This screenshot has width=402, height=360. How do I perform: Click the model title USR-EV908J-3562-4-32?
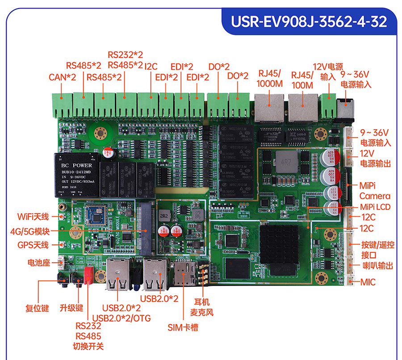click(x=309, y=22)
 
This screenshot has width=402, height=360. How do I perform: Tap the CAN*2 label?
click(x=62, y=77)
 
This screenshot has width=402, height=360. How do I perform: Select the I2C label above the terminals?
click(x=151, y=66)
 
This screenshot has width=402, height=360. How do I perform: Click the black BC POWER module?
click(x=76, y=174)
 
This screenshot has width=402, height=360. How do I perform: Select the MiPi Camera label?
click(x=374, y=191)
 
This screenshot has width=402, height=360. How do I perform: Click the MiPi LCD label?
click(x=375, y=207)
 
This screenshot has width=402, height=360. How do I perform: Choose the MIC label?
click(x=368, y=282)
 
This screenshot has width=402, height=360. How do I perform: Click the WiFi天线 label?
click(x=33, y=217)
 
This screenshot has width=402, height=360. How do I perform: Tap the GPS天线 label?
click(x=33, y=245)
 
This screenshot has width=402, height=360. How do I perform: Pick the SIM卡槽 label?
click(x=183, y=327)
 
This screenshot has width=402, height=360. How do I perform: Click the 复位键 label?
click(x=37, y=308)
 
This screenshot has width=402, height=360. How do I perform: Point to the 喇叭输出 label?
click(x=377, y=266)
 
